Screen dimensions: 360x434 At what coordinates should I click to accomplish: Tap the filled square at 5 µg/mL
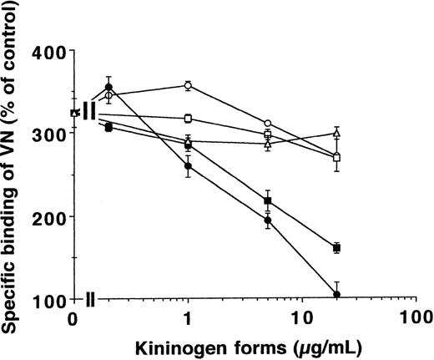click(x=268, y=201)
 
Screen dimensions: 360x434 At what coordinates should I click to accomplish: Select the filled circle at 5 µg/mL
click(x=268, y=221)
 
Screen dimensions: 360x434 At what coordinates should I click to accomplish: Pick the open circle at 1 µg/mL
click(x=189, y=85)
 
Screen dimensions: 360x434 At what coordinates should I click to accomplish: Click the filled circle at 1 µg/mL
click(x=189, y=167)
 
